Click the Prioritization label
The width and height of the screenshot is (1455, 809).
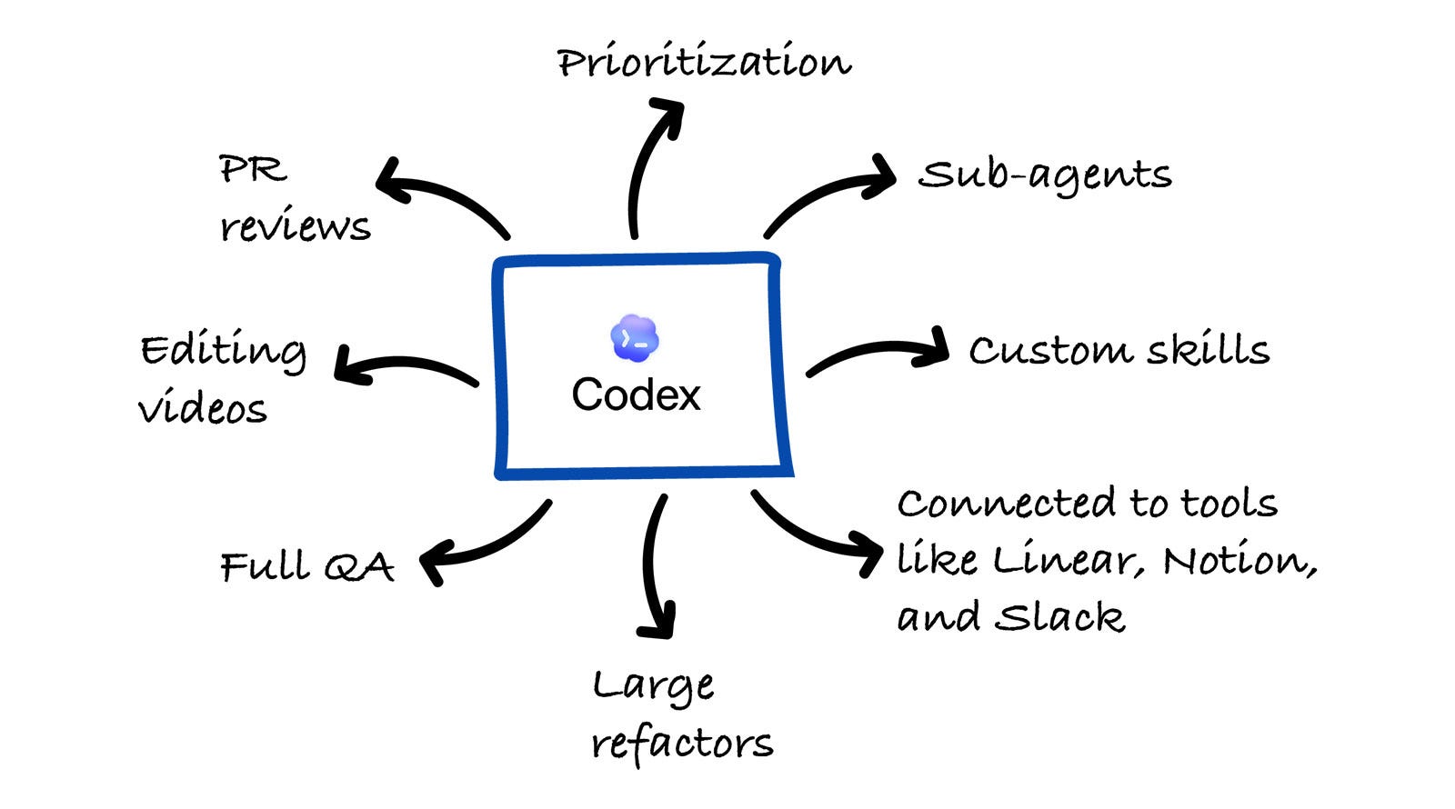point(704,63)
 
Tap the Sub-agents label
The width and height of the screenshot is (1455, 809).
point(1045,175)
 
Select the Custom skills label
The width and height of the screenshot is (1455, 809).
point(1119,350)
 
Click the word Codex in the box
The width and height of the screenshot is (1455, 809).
point(636,395)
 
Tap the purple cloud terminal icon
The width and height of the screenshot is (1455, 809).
point(635,338)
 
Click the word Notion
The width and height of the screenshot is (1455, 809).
point(1239,560)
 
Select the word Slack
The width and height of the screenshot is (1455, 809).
point(1060,617)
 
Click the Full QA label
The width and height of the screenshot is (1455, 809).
point(306,567)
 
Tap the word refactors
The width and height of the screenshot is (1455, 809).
point(682,743)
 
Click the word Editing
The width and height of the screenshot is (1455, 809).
point(224,352)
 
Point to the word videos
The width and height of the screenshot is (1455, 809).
point(203,408)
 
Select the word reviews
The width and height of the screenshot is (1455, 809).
point(295,225)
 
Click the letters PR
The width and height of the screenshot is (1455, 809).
point(253,169)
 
